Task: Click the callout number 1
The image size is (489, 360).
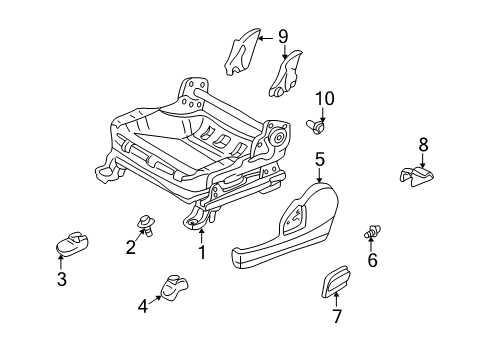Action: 201,253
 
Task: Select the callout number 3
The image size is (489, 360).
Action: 61,279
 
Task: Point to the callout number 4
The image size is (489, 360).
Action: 143,307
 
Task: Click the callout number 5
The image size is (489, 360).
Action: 319,158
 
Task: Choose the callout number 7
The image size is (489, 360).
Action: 336,317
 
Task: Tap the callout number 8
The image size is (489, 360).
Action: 423,145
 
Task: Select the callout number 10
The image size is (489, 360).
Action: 323,98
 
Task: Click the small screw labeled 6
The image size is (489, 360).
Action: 375,232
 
